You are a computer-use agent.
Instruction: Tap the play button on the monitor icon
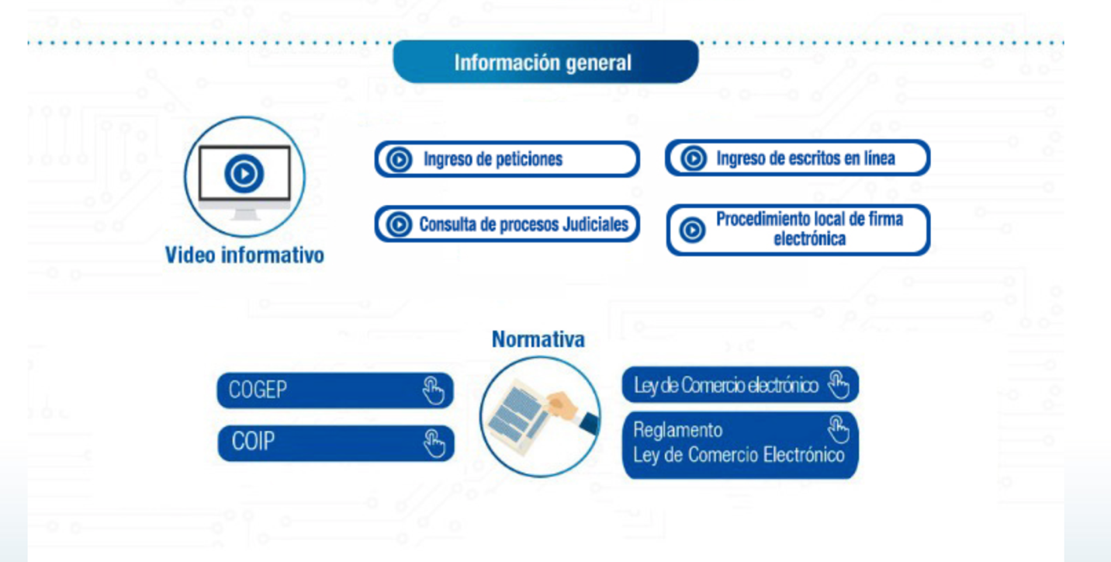[244, 174]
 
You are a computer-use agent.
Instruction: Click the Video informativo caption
[244, 255]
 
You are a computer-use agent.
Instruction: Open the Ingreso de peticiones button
[507, 159]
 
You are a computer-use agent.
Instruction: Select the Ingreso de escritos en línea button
[798, 158]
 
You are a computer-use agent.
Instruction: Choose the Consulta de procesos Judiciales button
[507, 224]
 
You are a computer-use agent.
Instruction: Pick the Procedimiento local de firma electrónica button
[798, 230]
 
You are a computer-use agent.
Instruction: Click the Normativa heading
[538, 339]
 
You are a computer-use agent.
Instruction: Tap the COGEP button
[335, 390]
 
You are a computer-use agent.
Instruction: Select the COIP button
[335, 442]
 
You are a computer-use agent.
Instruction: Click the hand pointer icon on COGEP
[433, 390]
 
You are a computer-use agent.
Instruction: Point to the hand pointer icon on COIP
[434, 443]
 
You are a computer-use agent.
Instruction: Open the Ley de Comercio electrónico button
[739, 385]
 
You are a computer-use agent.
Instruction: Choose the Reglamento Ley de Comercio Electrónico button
[739, 445]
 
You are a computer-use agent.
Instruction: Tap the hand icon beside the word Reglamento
[838, 428]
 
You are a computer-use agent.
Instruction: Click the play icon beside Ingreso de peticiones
[399, 160]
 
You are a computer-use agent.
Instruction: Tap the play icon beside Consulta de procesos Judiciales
[399, 225]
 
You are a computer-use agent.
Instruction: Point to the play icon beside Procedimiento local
[692, 231]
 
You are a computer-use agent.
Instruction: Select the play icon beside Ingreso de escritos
[693, 159]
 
